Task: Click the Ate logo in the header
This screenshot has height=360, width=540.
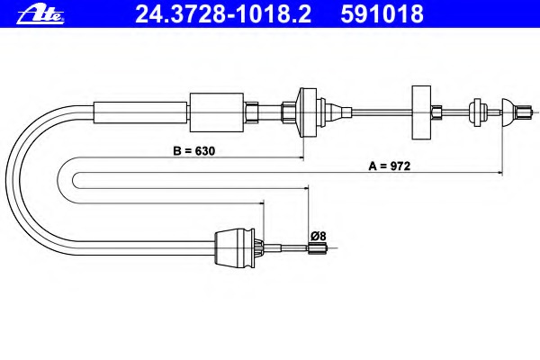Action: point(40,15)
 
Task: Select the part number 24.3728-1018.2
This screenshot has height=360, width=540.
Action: point(223,14)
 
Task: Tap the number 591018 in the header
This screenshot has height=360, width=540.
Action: point(382,14)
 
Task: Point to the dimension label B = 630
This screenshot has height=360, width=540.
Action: point(193,151)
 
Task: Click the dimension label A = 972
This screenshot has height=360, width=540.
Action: point(389,166)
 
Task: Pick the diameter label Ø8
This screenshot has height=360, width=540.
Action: point(318,237)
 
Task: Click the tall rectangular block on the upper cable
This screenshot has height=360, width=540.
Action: point(421,112)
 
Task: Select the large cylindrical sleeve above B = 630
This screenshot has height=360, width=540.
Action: point(217,112)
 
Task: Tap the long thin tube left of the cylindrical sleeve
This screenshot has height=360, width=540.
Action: point(140,112)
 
